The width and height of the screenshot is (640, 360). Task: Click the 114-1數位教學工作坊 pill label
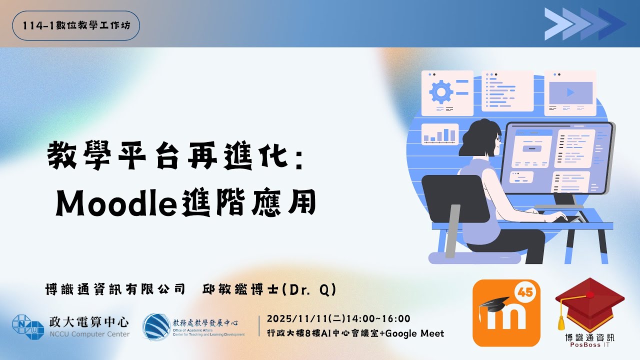[x=76, y=25]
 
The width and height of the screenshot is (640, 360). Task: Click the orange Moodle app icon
[x=506, y=313]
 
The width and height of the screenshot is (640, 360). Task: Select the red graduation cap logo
[x=590, y=302]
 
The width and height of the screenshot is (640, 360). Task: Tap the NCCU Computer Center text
[x=89, y=334]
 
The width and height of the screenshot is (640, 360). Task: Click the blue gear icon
[x=441, y=91]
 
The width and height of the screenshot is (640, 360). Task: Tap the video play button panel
[x=570, y=92]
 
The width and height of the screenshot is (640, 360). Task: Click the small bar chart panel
[x=440, y=134]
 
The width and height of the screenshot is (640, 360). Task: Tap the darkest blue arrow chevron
[x=613, y=23]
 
